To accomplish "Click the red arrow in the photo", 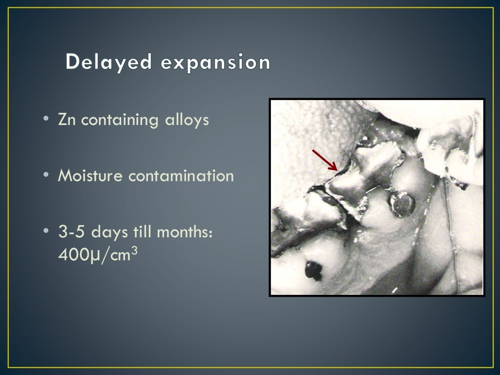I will tap(325, 160).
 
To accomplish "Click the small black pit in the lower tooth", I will tap(313, 270).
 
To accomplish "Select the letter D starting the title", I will tap(73, 62).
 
